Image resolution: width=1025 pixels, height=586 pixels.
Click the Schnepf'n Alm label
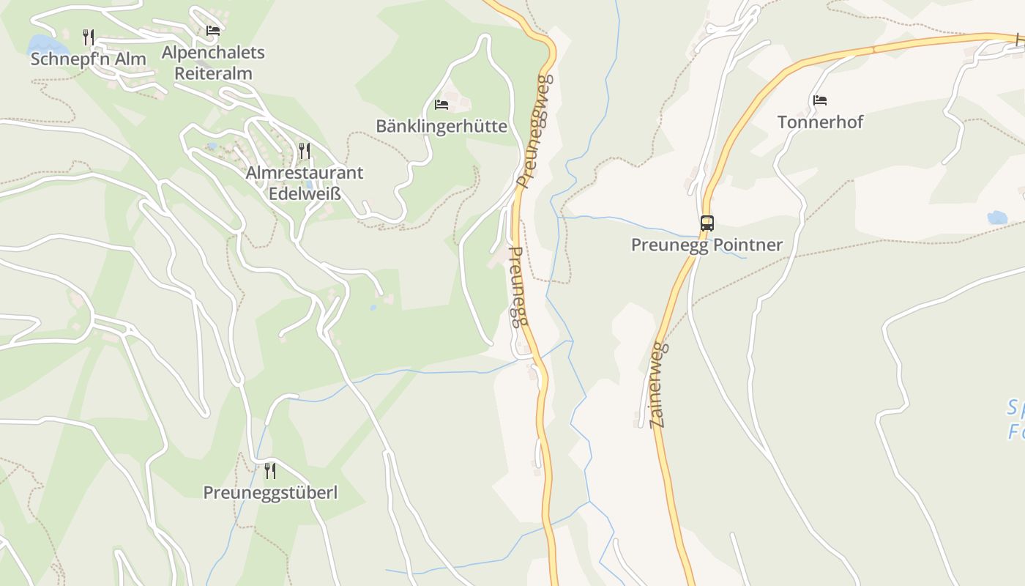88,59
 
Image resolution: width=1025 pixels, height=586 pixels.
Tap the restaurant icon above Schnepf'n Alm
89,36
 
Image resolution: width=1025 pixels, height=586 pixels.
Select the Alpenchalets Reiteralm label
213,63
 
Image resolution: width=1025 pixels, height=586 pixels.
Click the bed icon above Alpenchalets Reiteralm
213,31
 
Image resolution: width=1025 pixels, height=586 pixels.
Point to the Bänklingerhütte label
441,126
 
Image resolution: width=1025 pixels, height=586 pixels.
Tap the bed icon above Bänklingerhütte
441,105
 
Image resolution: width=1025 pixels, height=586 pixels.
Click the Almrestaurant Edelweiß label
305,183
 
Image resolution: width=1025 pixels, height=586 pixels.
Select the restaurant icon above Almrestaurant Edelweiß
305,151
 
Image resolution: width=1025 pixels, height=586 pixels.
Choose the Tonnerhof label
820,122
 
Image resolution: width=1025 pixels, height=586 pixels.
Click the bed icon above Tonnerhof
820,100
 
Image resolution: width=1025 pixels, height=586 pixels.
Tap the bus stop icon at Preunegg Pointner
707,223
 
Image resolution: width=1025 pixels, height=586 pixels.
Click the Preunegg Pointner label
707,245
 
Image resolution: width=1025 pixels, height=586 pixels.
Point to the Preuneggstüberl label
270,492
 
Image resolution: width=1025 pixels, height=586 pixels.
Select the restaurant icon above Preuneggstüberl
270,470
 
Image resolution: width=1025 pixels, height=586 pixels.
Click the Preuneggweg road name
534,132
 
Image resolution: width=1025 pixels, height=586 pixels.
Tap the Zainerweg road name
658,385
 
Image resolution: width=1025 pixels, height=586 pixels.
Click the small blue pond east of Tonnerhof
997,217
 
